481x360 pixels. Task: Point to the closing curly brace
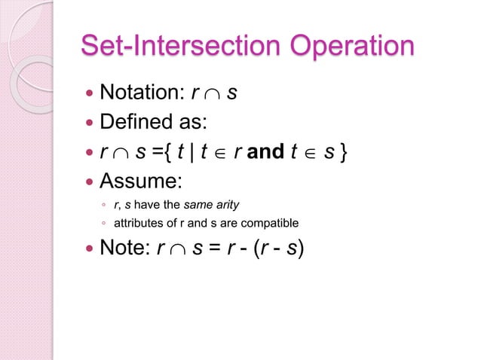[x=344, y=151]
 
